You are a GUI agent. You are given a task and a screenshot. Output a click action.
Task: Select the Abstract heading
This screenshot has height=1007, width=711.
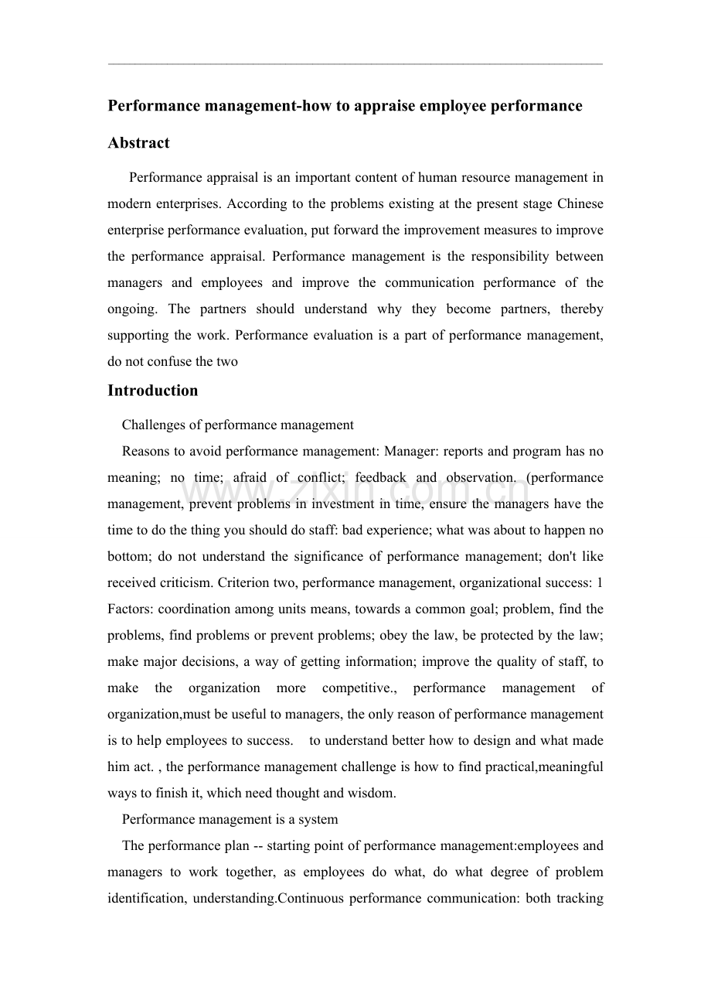tap(138, 143)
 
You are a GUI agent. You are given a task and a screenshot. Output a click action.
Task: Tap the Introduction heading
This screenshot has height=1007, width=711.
tap(152, 391)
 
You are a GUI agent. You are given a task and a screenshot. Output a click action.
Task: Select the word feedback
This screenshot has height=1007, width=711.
tap(380, 478)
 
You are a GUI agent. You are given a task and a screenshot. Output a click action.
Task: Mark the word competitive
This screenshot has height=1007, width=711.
tap(357, 688)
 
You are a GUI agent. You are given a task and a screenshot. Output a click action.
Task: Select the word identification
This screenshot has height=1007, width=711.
tap(144, 899)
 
